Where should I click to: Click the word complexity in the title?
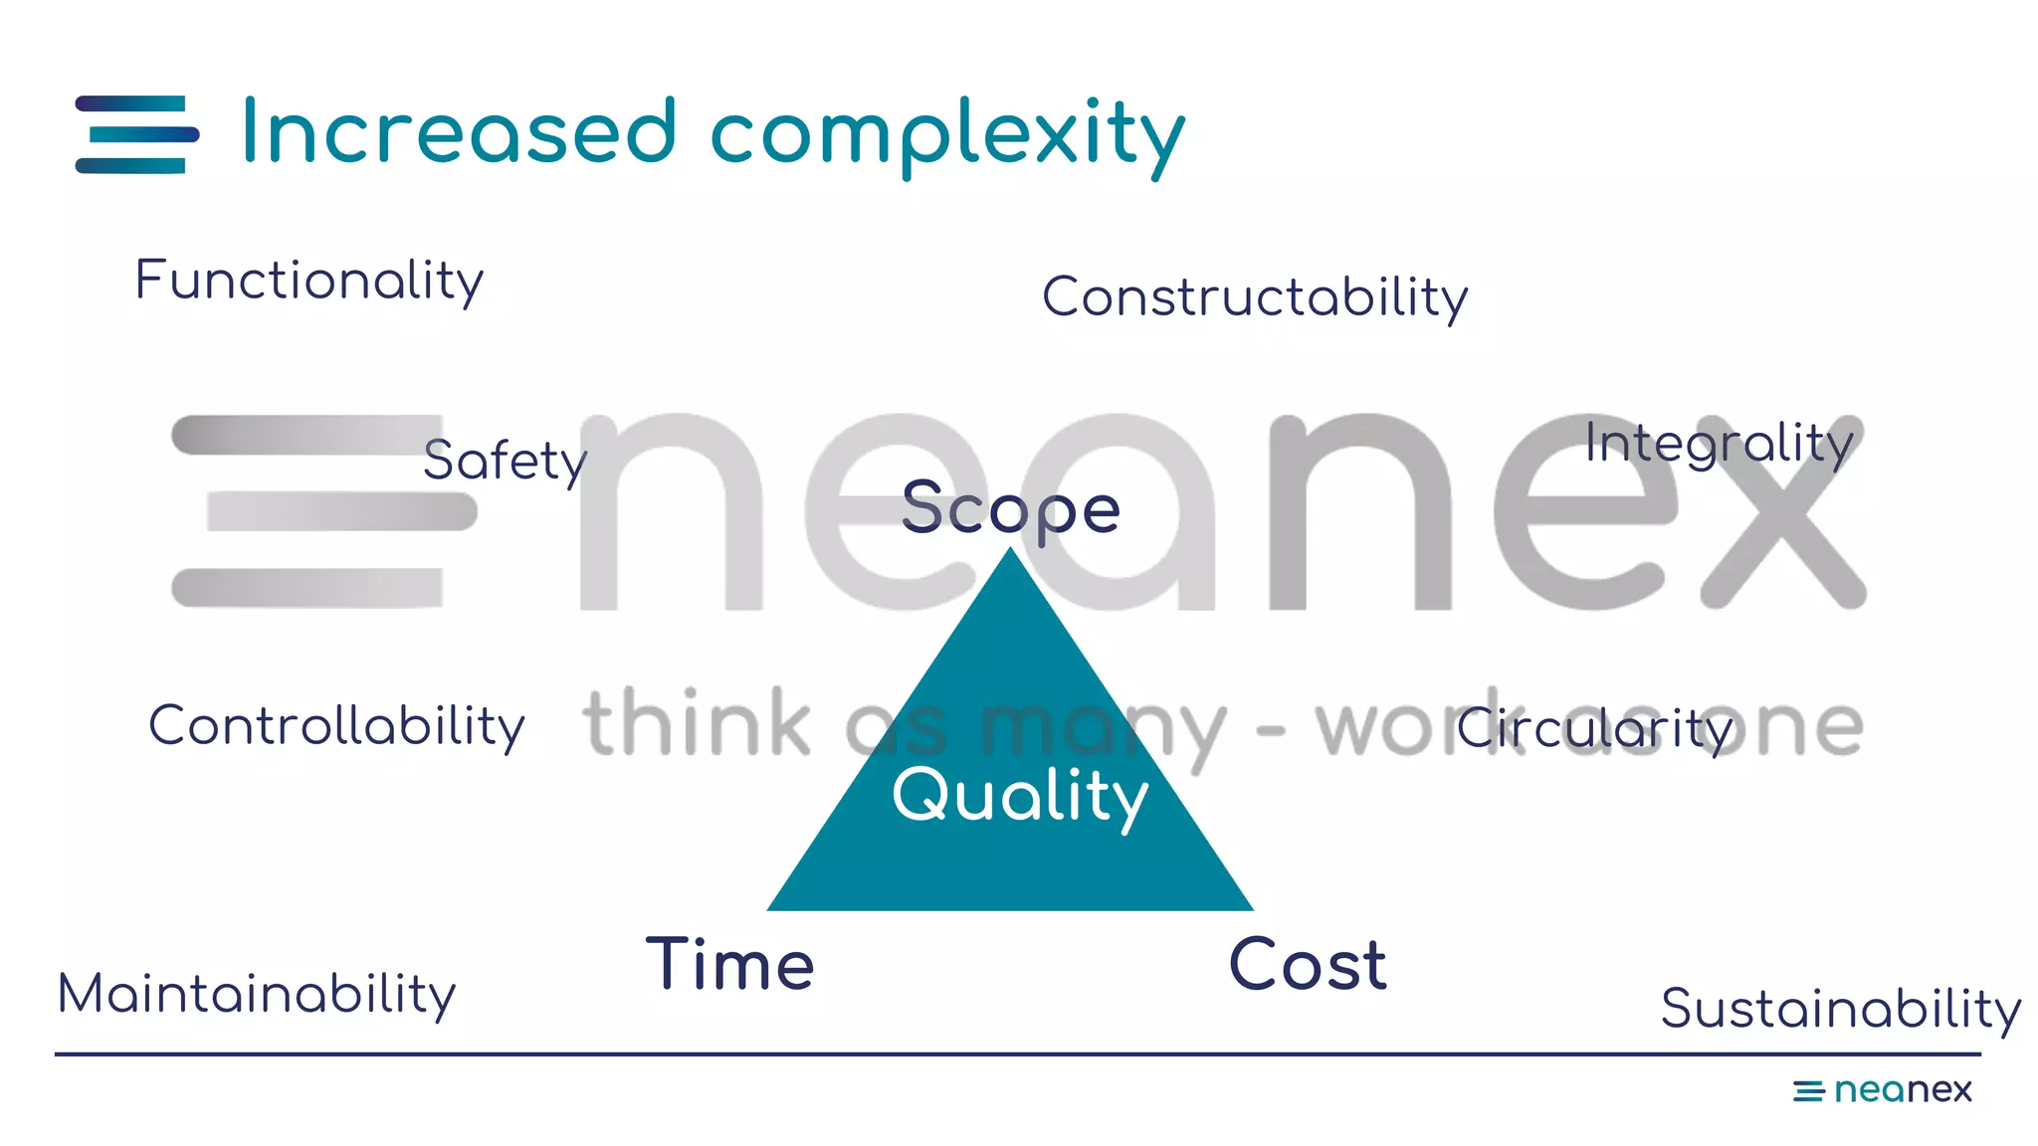pos(947,136)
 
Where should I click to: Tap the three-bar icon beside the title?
pos(137,134)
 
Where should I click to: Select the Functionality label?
pos(308,281)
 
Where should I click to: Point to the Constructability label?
pos(1255,297)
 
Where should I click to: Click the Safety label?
pos(505,461)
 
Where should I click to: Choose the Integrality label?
pos(1719,444)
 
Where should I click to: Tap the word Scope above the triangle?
pos(1010,509)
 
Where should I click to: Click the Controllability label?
pos(336,726)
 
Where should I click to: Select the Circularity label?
pos(1594,729)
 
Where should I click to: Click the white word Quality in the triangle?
pos(1020,796)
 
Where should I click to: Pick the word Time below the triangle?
pos(730,965)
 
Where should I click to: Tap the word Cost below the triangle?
pos(1308,965)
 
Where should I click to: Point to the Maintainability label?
pos(257,995)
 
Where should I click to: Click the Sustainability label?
pos(1840,1009)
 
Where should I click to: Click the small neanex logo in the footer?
pos(1882,1090)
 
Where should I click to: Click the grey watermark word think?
pos(697,723)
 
